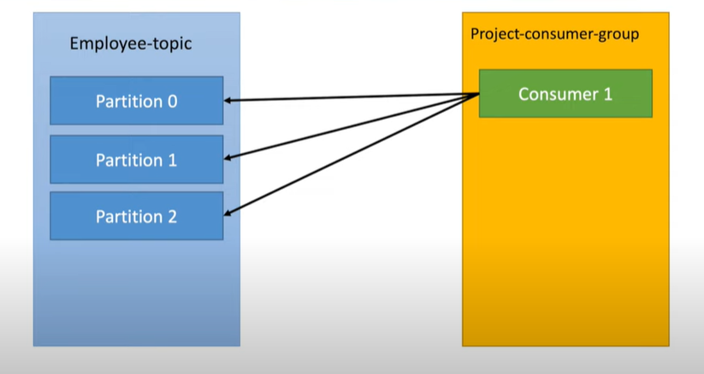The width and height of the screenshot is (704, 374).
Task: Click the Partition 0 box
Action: tap(136, 101)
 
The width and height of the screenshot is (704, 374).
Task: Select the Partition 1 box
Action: tap(136, 159)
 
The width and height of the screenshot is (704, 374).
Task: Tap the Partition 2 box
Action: tap(136, 216)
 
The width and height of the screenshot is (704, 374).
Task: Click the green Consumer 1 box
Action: tap(565, 93)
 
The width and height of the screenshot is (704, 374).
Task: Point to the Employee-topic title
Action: tap(131, 44)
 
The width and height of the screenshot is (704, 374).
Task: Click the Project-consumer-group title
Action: tap(554, 34)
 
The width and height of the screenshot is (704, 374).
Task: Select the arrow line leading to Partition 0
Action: tap(351, 98)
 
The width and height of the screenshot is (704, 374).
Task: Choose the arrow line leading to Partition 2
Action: tap(351, 154)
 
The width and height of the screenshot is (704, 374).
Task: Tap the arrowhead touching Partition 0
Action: tap(228, 101)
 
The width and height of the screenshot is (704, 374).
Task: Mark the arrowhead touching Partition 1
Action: tap(228, 157)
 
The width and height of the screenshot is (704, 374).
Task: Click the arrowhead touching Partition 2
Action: tap(228, 213)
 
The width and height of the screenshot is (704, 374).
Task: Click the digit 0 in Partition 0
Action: tap(172, 101)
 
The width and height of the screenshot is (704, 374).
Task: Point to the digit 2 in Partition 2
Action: tap(172, 217)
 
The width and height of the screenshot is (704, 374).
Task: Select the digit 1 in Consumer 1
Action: tap(607, 93)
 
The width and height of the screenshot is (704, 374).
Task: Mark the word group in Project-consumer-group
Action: tap(618, 35)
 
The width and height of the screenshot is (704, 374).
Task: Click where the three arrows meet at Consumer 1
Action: tap(477, 94)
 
